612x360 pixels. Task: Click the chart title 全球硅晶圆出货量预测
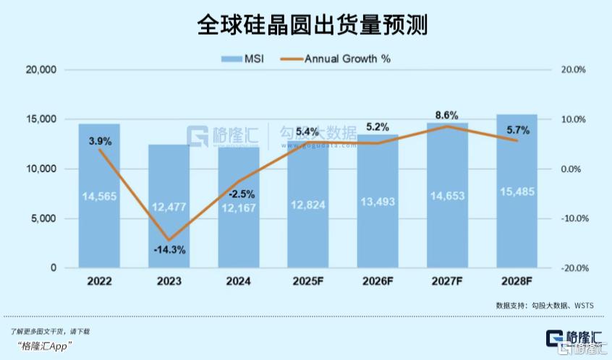(x=305, y=26)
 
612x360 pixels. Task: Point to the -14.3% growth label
(x=169, y=250)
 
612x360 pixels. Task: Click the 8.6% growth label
(x=447, y=114)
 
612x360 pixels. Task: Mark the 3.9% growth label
(x=99, y=142)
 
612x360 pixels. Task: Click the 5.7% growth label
(x=517, y=131)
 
